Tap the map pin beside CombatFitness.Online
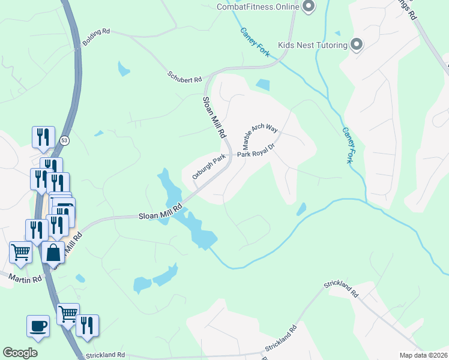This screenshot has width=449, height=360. pos(309,7)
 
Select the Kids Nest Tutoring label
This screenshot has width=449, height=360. pos(313,45)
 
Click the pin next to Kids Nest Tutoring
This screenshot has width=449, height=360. pos(357,44)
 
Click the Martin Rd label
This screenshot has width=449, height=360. pos(25,278)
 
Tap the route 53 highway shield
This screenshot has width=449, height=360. pos(64,140)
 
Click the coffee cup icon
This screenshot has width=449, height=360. pos(38,326)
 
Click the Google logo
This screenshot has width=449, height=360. pos(20,353)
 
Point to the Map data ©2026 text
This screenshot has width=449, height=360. pos(423,355)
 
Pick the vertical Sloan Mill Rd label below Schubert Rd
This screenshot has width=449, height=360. pos(213,116)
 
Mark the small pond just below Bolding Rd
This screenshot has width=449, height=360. pos(124,69)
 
